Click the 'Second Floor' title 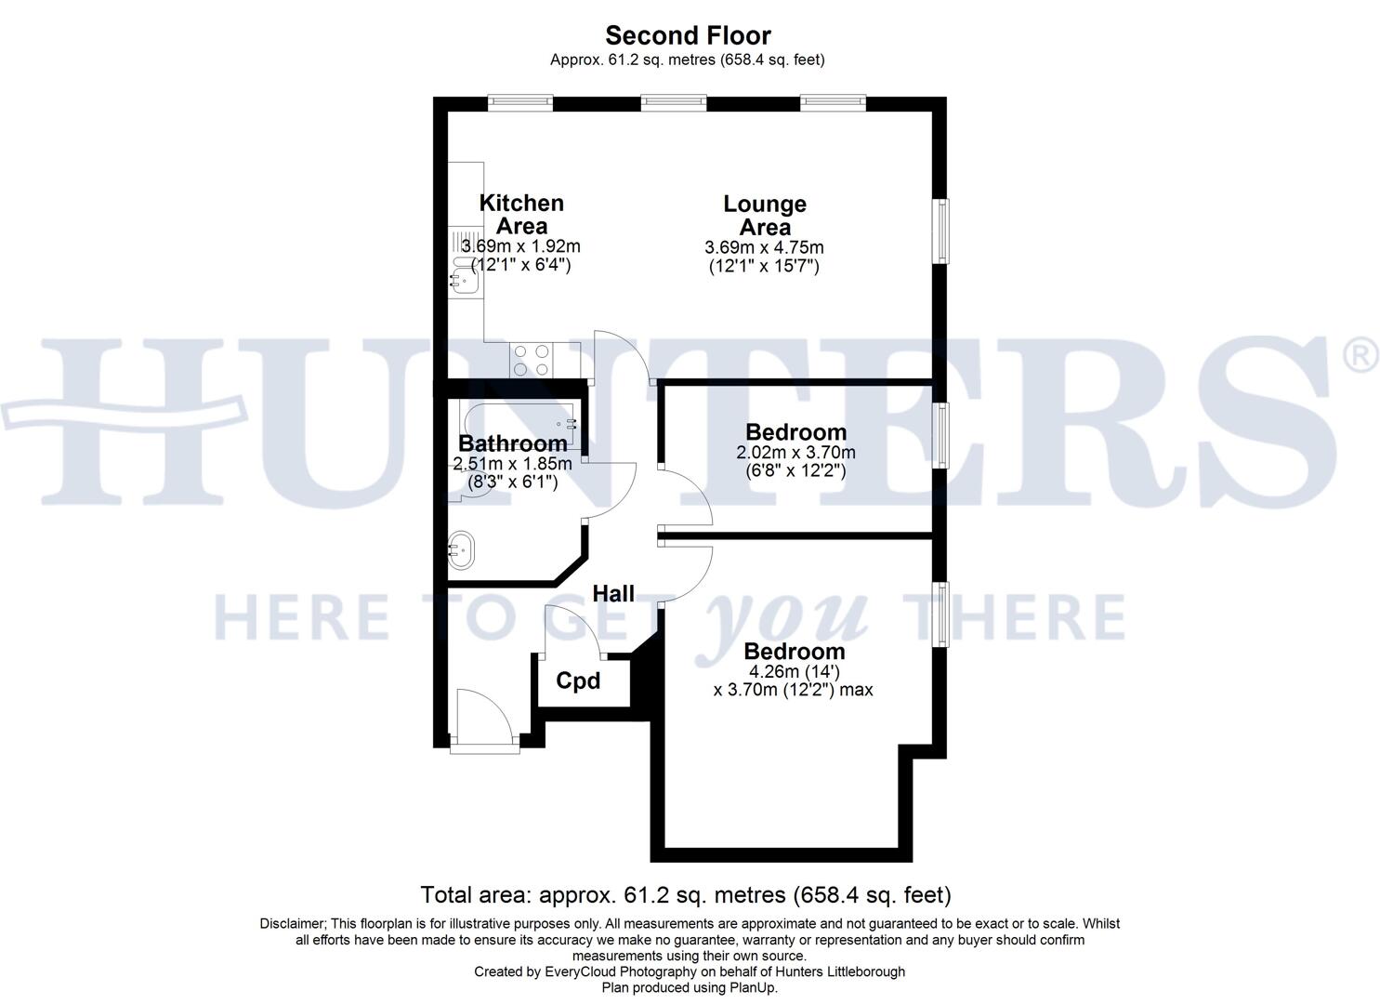[688, 35]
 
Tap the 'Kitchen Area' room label [521, 214]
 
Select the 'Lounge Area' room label [765, 215]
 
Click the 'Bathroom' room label [512, 443]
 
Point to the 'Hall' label [613, 593]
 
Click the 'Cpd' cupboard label [578, 681]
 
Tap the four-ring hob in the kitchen [531, 360]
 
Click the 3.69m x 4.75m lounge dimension [764, 247]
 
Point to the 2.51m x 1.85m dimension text [512, 463]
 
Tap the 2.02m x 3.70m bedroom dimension [795, 453]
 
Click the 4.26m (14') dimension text [795, 671]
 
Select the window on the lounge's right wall [941, 231]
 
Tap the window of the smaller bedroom [941, 434]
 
